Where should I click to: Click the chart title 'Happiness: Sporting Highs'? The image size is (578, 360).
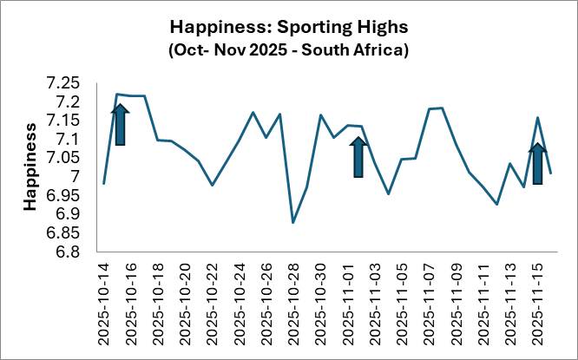pyautogui.click(x=288, y=23)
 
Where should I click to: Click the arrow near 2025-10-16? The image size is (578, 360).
pyautogui.click(x=121, y=124)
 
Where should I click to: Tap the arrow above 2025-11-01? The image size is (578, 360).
pyautogui.click(x=358, y=157)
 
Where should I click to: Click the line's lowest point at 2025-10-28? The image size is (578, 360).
pyautogui.click(x=293, y=223)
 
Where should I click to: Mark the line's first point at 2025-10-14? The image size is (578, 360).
pyautogui.click(x=103, y=184)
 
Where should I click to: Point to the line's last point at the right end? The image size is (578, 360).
pyautogui.click(x=551, y=173)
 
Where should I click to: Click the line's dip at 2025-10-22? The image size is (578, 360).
pyautogui.click(x=212, y=185)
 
